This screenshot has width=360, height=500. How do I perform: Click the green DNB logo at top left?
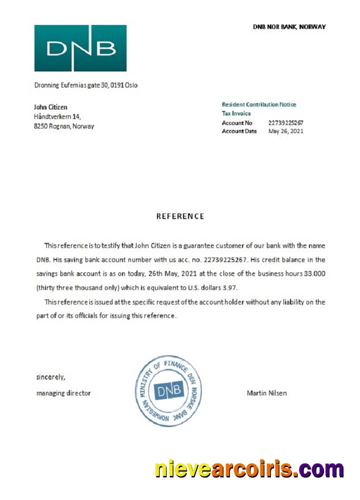80,48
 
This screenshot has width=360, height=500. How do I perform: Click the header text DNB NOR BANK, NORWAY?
289,26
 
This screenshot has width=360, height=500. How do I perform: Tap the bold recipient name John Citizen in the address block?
50,107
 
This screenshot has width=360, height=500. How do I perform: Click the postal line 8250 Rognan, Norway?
63,126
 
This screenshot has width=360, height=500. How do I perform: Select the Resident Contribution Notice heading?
258,104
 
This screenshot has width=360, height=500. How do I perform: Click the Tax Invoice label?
236,113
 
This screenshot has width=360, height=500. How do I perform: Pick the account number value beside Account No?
285,122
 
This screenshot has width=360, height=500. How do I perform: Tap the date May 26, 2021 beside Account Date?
285,131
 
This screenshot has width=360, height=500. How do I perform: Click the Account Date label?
239,131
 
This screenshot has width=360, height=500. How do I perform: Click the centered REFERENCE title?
180,216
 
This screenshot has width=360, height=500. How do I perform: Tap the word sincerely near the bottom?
50,376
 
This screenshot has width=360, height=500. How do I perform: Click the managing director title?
63,393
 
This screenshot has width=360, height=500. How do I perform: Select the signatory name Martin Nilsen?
266,393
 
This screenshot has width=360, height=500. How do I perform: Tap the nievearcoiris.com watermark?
249,469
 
